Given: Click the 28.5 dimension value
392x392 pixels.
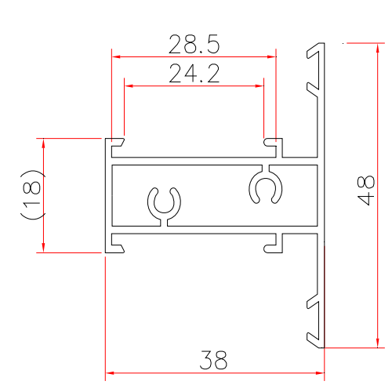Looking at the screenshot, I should [194, 45].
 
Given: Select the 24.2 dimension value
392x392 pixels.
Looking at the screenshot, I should [194, 74].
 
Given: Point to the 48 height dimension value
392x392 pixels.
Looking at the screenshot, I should [365, 191].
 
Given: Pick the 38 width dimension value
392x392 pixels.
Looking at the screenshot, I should [212, 361].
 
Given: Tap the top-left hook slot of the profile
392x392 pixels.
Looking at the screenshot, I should [118, 144].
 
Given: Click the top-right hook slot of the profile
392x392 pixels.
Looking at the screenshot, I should [272, 144].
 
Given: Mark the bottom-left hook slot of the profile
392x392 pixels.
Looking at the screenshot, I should [118, 245].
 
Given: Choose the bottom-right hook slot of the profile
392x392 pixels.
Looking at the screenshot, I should [272, 245].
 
